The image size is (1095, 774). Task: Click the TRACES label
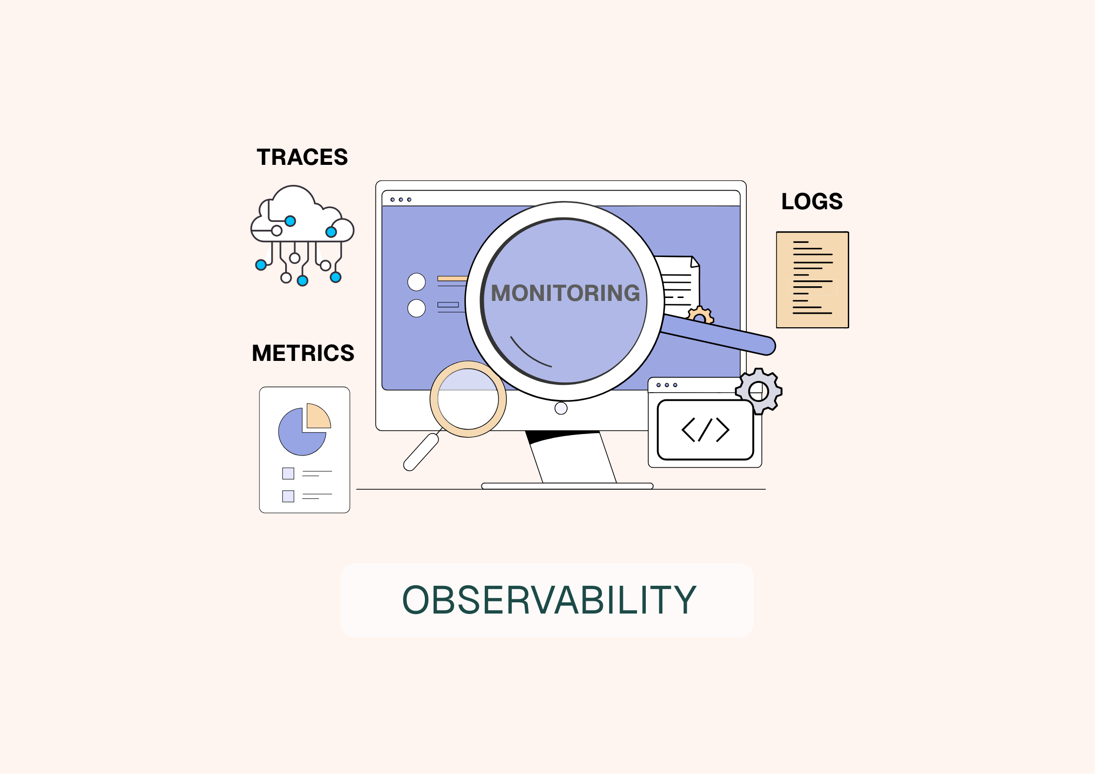click(x=302, y=157)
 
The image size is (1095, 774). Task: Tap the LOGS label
click(x=812, y=201)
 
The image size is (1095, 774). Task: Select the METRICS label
click(x=303, y=353)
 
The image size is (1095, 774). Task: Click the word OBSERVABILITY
click(x=549, y=600)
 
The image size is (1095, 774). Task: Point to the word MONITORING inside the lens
click(x=565, y=293)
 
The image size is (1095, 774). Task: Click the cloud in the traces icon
click(x=302, y=215)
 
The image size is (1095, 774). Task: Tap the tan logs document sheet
click(x=812, y=279)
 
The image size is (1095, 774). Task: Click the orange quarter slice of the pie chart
click(x=318, y=417)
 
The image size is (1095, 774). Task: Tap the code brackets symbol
click(x=705, y=430)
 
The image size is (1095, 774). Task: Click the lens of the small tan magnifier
click(x=468, y=399)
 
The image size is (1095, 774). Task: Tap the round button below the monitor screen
click(x=561, y=408)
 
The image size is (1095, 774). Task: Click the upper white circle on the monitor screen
click(x=417, y=282)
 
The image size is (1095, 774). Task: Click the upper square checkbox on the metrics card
click(x=288, y=473)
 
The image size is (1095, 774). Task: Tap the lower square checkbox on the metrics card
click(x=288, y=496)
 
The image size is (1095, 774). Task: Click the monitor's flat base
click(x=567, y=486)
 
